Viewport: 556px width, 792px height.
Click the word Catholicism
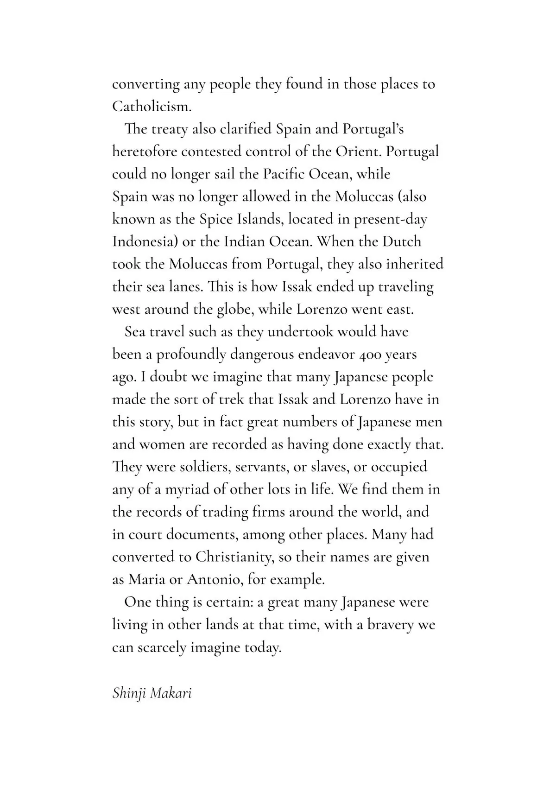click(x=152, y=107)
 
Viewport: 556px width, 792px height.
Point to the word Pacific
click(x=284, y=174)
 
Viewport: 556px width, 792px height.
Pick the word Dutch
click(x=401, y=242)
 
